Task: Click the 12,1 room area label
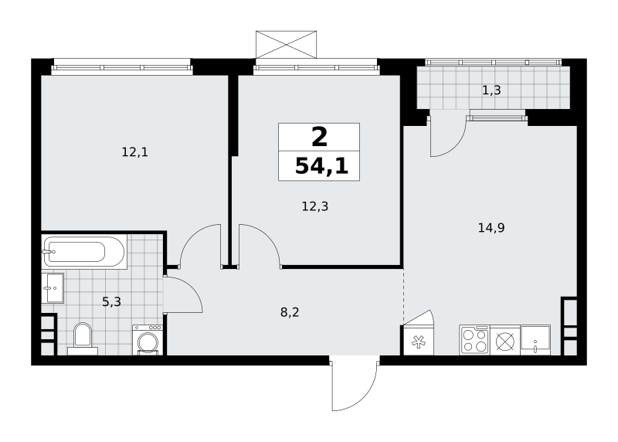point(134,151)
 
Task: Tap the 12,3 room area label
point(315,206)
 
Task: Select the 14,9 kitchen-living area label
point(491,227)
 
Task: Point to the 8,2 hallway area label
point(290,312)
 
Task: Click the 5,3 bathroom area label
point(111,302)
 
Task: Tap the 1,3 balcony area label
point(491,90)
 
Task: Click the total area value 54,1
point(321,165)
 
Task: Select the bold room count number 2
point(319,137)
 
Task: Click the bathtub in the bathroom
point(84,252)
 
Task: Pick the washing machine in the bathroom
point(148,340)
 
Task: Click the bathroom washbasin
point(53,287)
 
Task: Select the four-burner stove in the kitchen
point(474,340)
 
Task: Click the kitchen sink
point(535,340)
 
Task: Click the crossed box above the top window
point(286,45)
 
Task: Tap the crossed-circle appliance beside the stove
point(505,340)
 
